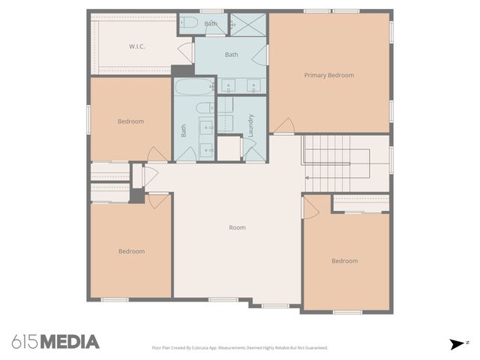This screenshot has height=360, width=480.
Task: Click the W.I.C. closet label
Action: (136, 46)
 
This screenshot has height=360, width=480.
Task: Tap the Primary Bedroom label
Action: (328, 75)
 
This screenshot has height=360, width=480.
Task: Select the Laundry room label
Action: (251, 124)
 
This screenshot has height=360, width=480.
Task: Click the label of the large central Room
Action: (237, 227)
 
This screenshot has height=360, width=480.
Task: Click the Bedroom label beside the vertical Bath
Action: (130, 121)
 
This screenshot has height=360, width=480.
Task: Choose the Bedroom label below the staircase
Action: (344, 261)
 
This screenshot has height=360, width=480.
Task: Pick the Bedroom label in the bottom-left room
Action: (131, 251)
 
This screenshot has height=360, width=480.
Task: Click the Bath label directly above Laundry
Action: (232, 54)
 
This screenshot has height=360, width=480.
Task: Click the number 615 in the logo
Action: (25, 342)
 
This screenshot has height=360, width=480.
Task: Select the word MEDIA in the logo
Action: (70, 342)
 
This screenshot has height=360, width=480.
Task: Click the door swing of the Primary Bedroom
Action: (283, 126)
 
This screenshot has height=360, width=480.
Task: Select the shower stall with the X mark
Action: (248, 24)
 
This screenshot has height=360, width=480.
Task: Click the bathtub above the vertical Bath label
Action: (194, 86)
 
